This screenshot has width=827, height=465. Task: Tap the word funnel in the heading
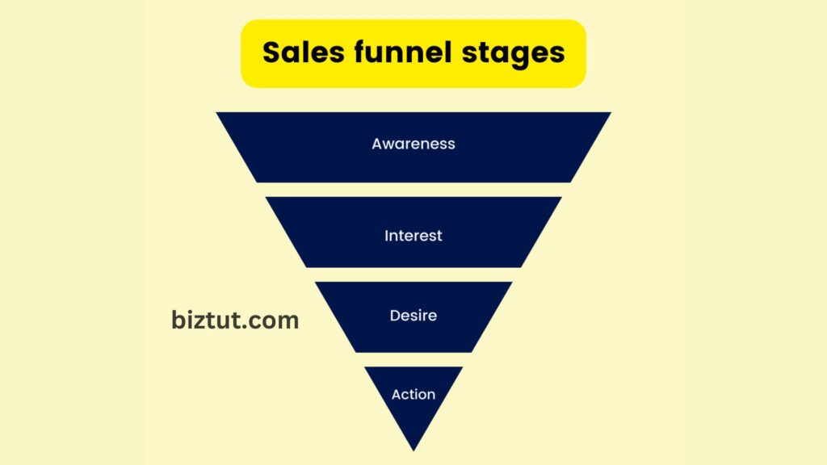399,52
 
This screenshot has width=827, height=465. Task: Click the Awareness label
413,144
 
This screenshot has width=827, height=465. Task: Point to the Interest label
413,236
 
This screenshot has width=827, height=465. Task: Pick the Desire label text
413,316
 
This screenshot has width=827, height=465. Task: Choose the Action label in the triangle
413,394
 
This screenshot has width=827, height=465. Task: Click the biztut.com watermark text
235,320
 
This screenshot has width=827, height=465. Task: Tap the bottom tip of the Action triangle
413,450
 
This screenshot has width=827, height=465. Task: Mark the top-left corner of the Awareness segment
218,114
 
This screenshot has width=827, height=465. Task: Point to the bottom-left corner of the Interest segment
306,266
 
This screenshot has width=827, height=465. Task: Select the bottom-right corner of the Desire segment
472,351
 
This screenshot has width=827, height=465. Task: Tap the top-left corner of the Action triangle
366,368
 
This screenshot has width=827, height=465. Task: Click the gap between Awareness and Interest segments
413,190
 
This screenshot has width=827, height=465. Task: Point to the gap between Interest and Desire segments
413,274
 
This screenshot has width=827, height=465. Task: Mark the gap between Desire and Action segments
413,359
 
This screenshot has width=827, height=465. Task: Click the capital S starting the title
271,52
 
